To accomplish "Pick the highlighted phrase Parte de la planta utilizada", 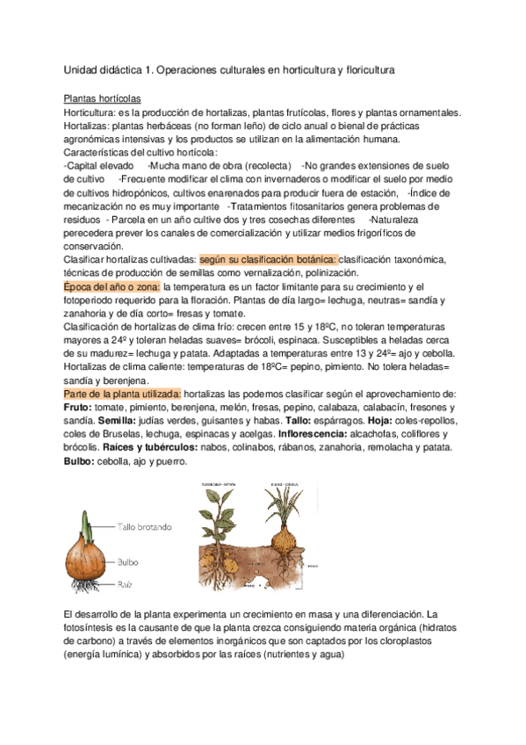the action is [123, 394].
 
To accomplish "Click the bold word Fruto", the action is [79, 409].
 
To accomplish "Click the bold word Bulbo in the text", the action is [80, 461].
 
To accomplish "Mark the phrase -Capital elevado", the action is [99, 165].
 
